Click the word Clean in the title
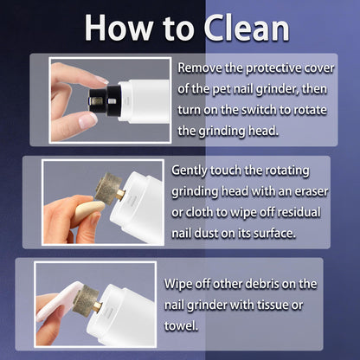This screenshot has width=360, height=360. (x=247, y=28)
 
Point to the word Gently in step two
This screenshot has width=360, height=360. (x=190, y=171)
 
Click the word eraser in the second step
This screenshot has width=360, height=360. (x=312, y=192)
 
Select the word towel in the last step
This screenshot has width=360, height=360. (x=181, y=326)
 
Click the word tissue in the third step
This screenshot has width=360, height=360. (x=271, y=305)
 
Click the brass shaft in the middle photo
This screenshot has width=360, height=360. (x=120, y=194)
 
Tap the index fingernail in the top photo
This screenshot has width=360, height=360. (x=101, y=80)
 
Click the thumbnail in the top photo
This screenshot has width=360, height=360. (x=87, y=120)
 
